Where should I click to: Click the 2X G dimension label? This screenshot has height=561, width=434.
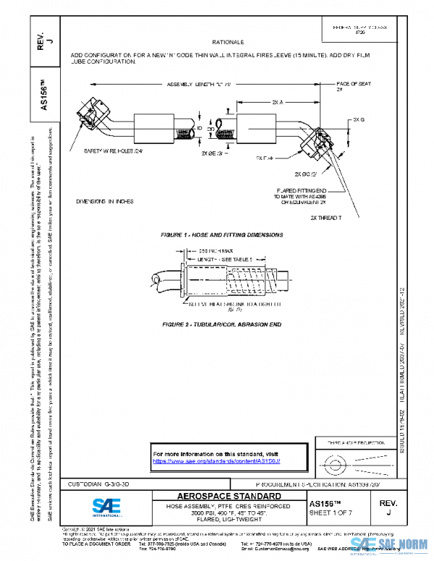[358, 119]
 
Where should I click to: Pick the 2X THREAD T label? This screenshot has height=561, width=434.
[325, 217]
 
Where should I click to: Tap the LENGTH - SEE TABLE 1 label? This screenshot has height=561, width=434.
[210, 258]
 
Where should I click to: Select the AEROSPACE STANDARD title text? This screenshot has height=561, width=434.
[219, 497]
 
